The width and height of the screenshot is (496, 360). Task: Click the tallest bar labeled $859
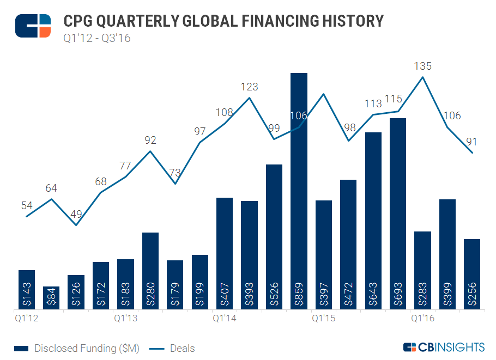coord(299,191)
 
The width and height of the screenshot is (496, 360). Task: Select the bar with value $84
coord(51,298)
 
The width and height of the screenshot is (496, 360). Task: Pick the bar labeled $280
coord(150,271)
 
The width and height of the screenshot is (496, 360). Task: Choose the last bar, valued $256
coord(472,274)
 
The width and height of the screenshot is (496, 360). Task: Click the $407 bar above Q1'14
coord(225,253)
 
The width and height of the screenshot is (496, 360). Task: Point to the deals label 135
coord(423,66)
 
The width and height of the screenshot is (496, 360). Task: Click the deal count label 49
coord(76,214)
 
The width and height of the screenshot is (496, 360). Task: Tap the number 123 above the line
coord(249,87)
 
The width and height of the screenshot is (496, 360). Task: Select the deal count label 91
coord(472,142)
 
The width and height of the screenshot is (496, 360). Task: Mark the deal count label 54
coord(27,206)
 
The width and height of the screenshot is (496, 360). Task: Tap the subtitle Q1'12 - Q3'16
coord(97,38)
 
